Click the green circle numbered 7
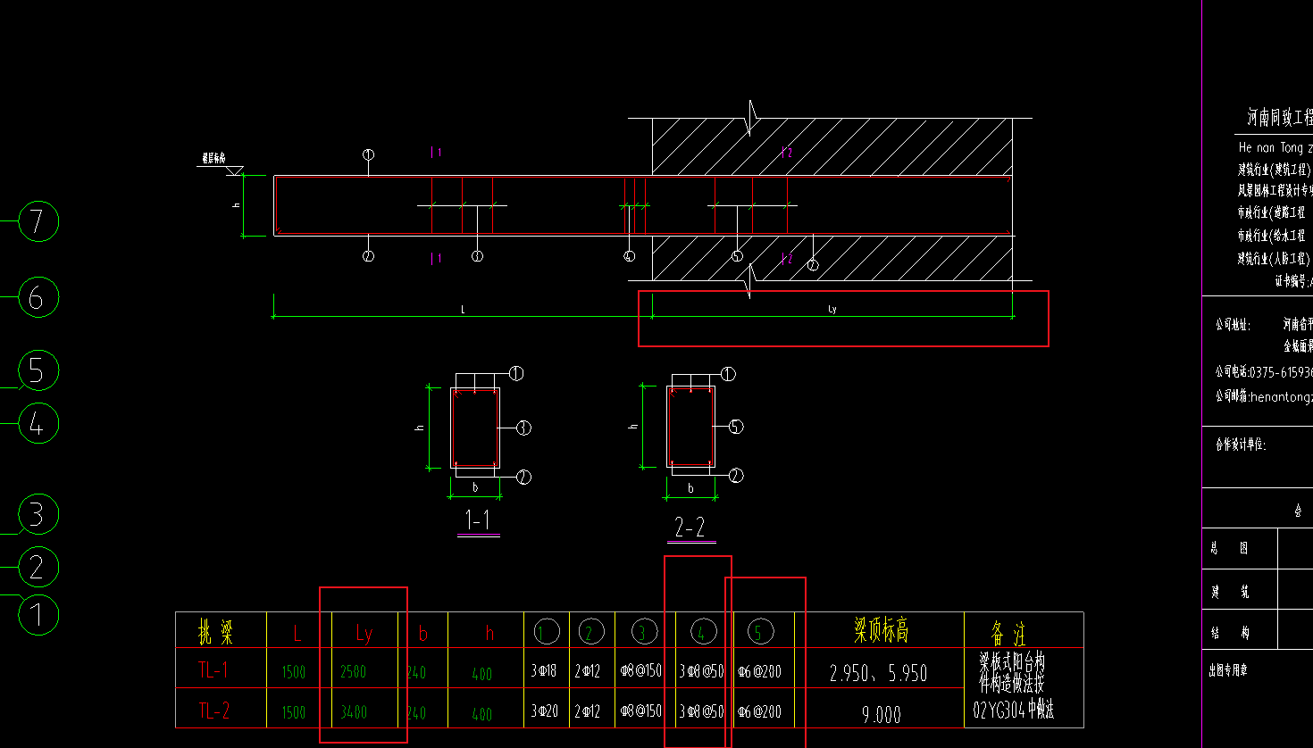tap(38, 221)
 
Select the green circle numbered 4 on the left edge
tap(38, 423)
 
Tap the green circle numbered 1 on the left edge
tap(38, 614)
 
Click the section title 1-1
tap(478, 520)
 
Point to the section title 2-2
tap(690, 527)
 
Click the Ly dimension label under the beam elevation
tap(832, 310)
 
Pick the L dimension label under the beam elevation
tap(463, 310)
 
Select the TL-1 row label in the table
tap(213, 670)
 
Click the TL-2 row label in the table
tap(213, 711)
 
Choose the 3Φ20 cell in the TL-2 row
tap(544, 711)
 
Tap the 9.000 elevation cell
tap(881, 714)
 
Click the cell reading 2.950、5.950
tap(879, 673)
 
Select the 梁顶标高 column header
tap(881, 631)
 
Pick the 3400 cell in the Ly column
tap(354, 712)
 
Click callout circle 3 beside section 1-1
tap(523, 428)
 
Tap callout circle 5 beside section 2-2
tap(735, 427)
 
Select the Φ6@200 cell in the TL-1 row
tap(759, 672)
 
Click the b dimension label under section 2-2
tap(690, 488)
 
